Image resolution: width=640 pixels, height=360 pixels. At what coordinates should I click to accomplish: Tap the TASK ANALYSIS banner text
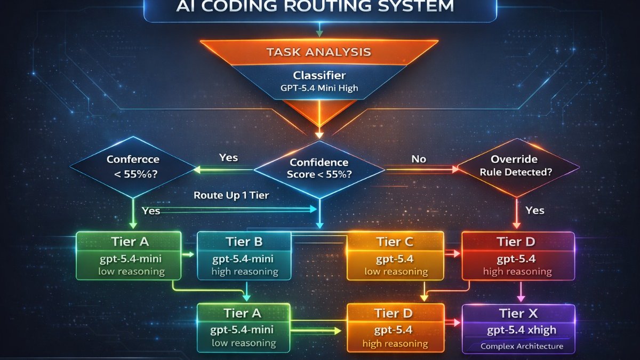(x=319, y=52)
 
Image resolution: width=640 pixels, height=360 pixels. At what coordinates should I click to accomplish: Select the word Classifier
(x=319, y=75)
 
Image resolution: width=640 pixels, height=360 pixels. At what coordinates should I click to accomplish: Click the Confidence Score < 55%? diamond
(x=318, y=169)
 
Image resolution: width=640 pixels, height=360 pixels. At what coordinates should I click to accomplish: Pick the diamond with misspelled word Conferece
(x=132, y=166)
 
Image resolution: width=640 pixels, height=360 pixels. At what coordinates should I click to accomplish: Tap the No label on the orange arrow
(x=418, y=158)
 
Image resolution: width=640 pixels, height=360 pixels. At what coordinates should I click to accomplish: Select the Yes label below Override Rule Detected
(x=534, y=210)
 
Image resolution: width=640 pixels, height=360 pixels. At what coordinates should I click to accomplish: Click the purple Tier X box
(x=518, y=329)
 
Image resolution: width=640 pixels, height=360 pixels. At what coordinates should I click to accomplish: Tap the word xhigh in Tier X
(x=542, y=330)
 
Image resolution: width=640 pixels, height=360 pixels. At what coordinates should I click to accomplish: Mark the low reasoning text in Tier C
(x=396, y=271)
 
